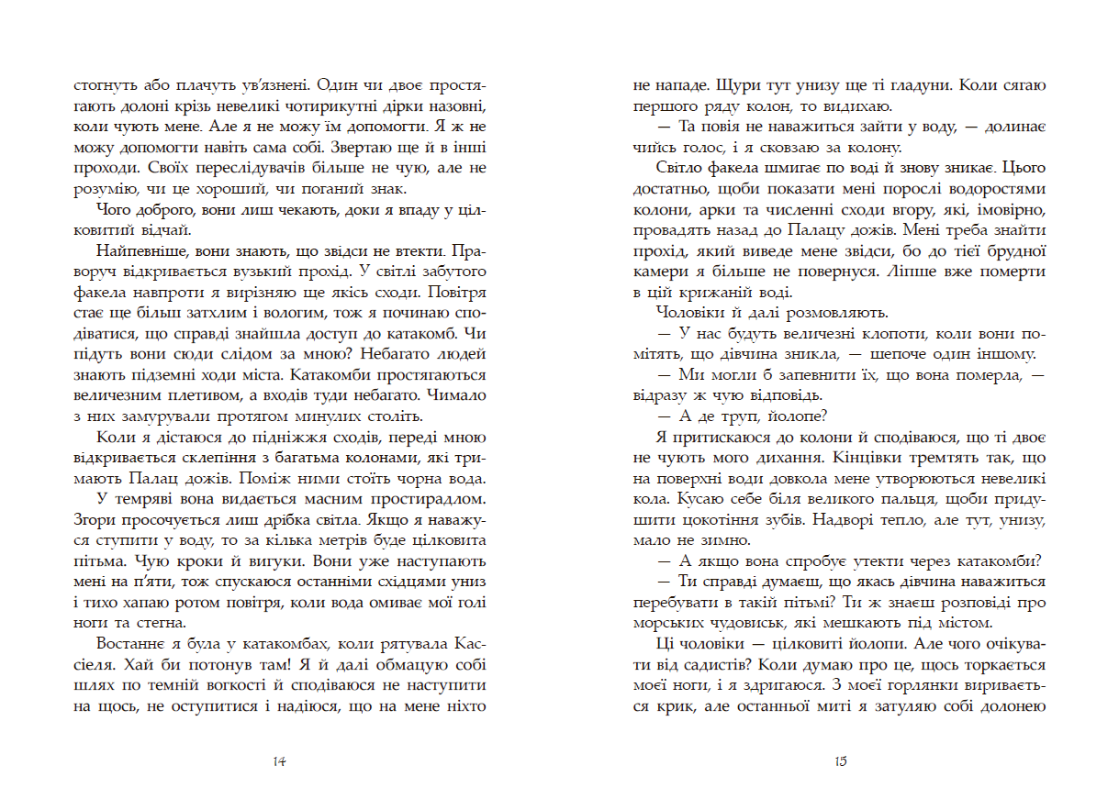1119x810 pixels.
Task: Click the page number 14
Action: coord(281,761)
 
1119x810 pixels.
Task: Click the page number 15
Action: coord(840,761)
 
